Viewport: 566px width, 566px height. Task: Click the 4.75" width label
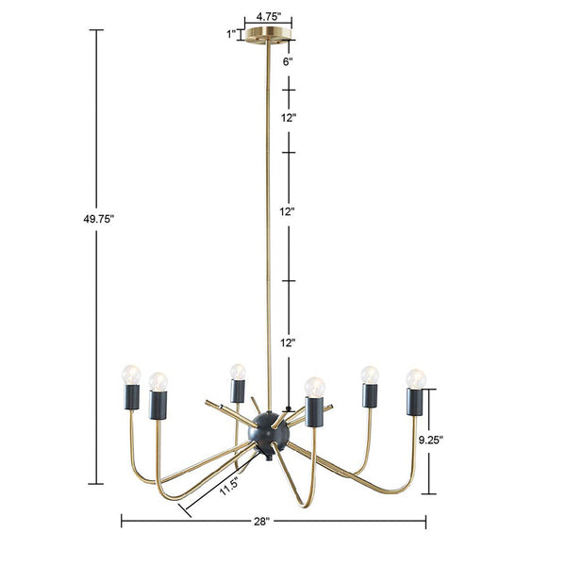click(x=268, y=16)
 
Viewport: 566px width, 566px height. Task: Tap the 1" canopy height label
click(x=230, y=35)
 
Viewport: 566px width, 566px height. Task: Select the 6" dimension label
click(x=288, y=61)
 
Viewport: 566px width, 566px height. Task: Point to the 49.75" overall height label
click(x=97, y=218)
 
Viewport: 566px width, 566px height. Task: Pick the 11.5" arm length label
click(x=228, y=487)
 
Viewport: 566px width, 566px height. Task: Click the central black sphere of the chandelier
click(x=262, y=430)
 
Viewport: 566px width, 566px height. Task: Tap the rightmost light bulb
click(x=415, y=378)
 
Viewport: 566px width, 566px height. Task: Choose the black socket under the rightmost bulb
click(x=413, y=402)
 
